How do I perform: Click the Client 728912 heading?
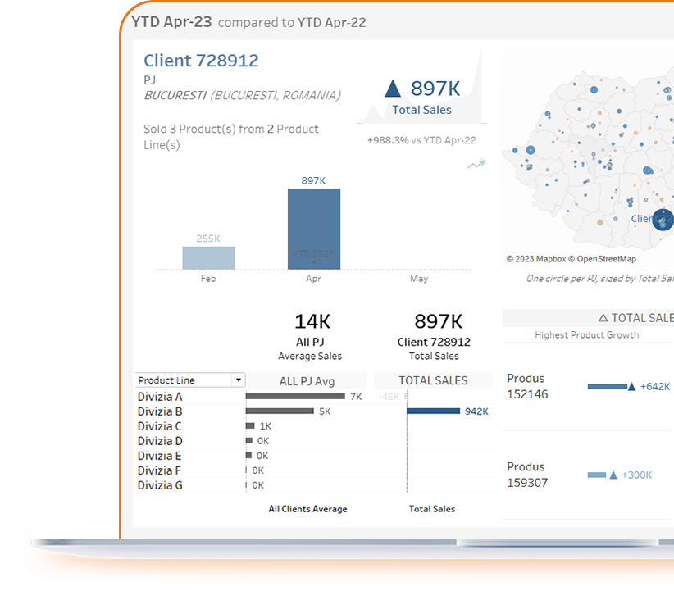point(201,61)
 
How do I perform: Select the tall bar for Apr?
point(313,229)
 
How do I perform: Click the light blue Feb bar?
point(208,257)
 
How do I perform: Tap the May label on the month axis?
point(418,279)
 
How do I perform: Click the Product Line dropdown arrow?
point(238,380)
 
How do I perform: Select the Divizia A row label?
point(160,397)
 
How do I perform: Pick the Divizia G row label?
point(160,485)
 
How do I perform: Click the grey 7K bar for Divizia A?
point(295,397)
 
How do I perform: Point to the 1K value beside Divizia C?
point(265,426)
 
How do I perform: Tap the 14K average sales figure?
point(312,321)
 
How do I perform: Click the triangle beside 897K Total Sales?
point(393,89)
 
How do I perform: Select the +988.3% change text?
point(387,140)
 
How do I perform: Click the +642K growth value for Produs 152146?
point(655,387)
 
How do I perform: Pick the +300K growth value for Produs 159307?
point(636,475)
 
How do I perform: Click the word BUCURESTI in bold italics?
point(175,95)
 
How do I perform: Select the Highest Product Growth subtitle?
point(586,334)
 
